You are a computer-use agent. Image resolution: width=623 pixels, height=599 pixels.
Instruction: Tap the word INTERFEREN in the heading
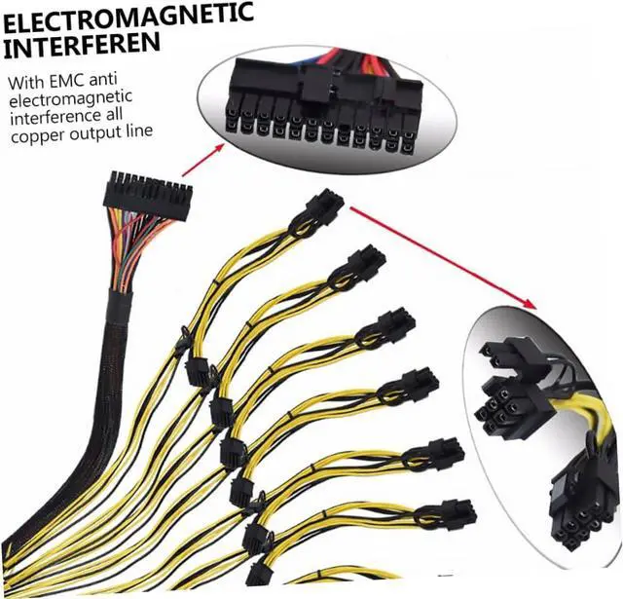click(83, 45)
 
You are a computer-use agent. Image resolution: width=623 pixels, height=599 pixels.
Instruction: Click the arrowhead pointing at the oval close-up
click(230, 143)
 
